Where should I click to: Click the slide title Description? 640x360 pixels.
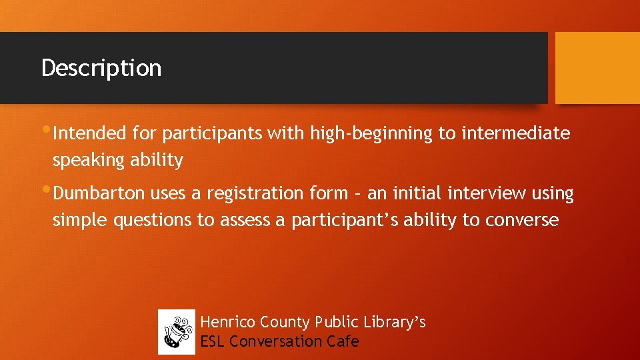101,68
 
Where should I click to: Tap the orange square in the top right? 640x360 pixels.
597,68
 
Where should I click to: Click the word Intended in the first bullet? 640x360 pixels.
89,133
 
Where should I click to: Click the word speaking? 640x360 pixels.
85,160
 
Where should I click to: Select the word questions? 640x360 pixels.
152,220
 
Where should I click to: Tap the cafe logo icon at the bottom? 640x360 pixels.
177,332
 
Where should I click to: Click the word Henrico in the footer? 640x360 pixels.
228,323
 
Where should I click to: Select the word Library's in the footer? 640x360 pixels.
395,323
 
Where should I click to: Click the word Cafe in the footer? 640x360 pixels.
343,341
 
